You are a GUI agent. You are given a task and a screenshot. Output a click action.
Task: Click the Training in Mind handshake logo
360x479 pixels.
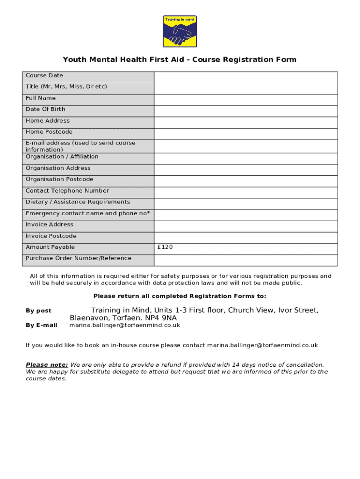(180, 31)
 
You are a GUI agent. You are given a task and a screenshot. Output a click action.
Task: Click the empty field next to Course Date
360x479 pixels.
(245, 77)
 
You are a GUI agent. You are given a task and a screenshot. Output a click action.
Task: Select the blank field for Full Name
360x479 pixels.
(245, 100)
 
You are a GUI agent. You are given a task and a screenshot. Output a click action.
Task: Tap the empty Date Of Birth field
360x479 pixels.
(245, 111)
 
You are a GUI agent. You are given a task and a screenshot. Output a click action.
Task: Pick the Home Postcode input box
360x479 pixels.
(245, 134)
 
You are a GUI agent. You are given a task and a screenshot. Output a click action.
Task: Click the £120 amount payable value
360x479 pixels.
(166, 247)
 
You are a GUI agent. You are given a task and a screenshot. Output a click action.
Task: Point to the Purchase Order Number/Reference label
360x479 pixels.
(79, 258)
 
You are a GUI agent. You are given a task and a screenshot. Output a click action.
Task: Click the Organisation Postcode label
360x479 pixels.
(59, 179)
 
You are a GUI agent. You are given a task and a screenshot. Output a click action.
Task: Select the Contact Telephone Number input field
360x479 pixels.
(245, 192)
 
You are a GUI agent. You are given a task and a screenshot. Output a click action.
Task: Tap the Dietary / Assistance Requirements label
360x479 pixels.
(78, 202)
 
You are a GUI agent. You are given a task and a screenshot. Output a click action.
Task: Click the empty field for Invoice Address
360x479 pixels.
(245, 226)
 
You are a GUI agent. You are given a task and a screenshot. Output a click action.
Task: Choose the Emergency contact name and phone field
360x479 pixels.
(245, 215)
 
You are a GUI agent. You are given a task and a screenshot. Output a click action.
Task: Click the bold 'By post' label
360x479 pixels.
(38, 311)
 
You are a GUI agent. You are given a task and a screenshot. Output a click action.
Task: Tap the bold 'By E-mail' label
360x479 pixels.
(41, 325)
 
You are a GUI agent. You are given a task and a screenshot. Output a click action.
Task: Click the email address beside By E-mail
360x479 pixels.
(125, 325)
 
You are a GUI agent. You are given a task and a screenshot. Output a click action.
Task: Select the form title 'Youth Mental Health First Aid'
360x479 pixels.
(123, 59)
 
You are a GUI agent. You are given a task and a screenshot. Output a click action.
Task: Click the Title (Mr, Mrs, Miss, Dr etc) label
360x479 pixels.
(66, 87)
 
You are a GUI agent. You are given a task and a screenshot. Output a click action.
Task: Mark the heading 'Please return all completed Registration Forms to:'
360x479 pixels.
(180, 296)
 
